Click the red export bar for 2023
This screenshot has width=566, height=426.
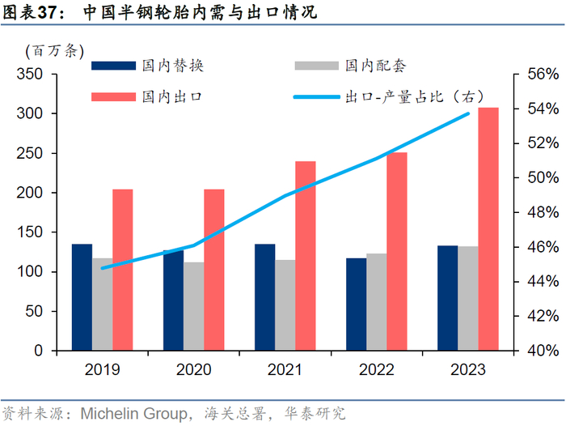click(x=488, y=229)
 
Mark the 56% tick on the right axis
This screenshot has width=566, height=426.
click(x=534, y=75)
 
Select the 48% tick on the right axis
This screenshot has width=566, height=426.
click(x=534, y=212)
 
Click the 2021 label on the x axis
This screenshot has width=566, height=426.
click(x=285, y=370)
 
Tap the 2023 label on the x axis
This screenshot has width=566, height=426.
click(x=467, y=370)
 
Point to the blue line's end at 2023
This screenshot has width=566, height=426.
click(x=468, y=113)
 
